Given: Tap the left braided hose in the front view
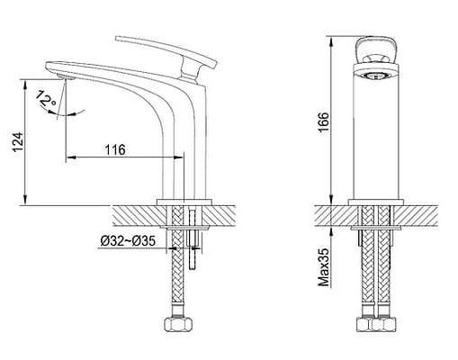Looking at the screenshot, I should point(367,270).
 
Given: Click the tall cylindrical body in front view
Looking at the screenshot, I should point(376,135).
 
